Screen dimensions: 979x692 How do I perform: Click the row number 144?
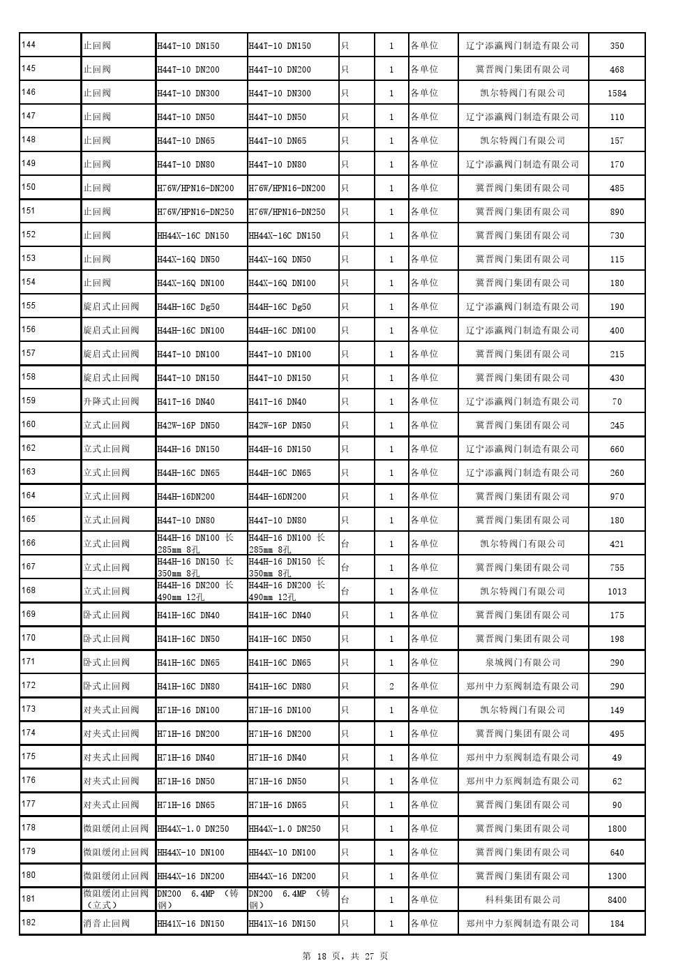pos(29,45)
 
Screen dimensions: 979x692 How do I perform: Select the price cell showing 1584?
pos(617,94)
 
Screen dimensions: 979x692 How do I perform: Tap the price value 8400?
pos(617,900)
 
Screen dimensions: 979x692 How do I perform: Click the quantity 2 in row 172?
pos(391,687)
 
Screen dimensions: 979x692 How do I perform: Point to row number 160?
pos(29,425)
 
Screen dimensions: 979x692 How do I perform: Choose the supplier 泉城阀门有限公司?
pos(522,663)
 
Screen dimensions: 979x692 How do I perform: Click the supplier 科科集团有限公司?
pos(522,900)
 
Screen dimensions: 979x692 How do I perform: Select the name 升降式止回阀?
pos(111,402)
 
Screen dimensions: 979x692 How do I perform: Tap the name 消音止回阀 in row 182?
pos(107,924)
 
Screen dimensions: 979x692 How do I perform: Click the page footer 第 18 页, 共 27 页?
pos(345,957)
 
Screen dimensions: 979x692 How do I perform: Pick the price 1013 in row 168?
pos(617,592)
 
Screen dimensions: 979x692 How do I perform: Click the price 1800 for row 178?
pos(617,829)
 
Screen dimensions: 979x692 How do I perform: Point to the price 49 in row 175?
pos(617,758)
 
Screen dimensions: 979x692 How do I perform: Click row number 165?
pos(29,520)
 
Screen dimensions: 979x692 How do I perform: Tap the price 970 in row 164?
pos(617,497)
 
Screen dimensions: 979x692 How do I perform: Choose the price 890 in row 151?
pos(617,212)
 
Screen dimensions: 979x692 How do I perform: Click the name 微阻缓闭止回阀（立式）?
pos(116,899)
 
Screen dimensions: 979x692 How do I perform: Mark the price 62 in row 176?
pos(617,782)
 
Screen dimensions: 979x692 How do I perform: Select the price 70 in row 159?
pos(617,402)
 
